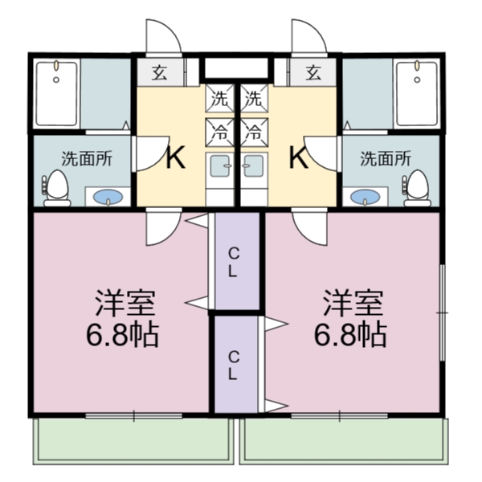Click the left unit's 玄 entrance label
tap(159, 73)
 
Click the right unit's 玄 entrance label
tap(313, 73)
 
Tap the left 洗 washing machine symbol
tap(219, 100)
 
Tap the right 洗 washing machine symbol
tap(254, 100)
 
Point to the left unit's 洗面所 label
tap(88, 158)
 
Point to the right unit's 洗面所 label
tap(385, 158)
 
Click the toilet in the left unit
tap(56, 188)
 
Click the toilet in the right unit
tap(416, 188)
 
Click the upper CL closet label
tap(232, 262)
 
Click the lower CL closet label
tap(232, 365)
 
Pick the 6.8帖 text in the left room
tap(122, 333)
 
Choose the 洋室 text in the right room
tap(352, 303)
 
